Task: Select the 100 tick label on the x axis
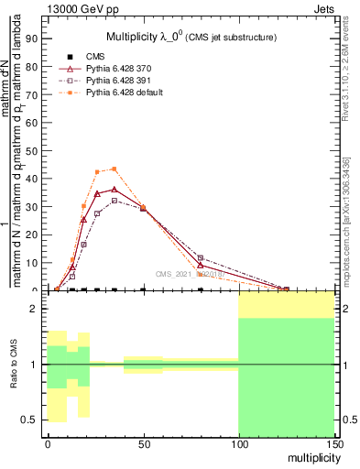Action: click(x=238, y=443)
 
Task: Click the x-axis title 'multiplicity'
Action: click(x=311, y=457)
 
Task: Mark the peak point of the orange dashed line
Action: click(x=114, y=169)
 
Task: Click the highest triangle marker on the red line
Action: click(x=114, y=190)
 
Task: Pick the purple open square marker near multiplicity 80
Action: click(x=200, y=258)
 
